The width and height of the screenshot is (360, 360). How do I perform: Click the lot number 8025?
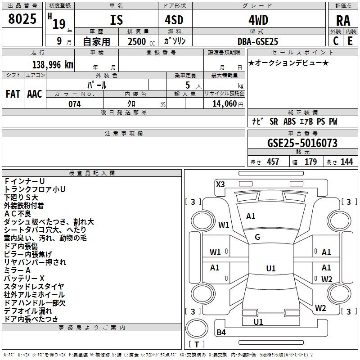[22, 18]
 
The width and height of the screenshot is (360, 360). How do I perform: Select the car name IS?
[117, 20]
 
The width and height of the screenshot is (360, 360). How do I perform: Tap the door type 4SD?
[174, 20]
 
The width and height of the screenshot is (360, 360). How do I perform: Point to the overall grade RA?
[343, 21]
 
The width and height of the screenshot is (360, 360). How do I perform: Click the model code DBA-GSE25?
[258, 41]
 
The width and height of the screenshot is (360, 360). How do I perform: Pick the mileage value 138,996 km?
[53, 65]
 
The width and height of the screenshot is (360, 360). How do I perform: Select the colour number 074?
[75, 104]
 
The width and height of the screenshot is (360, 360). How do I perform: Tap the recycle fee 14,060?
[225, 104]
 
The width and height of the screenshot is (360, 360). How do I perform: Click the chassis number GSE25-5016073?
[302, 143]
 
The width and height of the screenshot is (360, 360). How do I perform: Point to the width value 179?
[310, 162]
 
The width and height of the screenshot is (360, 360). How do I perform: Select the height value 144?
[346, 162]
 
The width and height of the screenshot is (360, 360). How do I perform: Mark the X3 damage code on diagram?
[220, 184]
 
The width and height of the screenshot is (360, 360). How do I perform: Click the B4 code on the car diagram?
[221, 332]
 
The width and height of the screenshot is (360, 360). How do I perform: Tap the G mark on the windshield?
[257, 237]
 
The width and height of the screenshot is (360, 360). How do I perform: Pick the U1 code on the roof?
[271, 268]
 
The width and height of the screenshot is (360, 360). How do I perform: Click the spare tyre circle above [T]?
[197, 328]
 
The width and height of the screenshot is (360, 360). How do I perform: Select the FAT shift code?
[13, 94]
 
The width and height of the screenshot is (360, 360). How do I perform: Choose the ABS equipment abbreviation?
[289, 121]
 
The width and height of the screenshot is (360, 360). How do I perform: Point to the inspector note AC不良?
[18, 214]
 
